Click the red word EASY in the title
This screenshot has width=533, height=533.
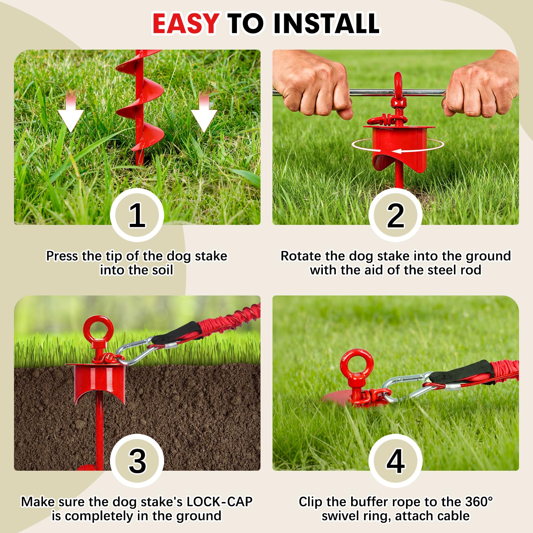click(186, 23)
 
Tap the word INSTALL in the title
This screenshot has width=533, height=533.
click(326, 23)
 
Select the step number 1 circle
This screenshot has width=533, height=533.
click(137, 215)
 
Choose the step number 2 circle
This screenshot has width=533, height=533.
click(395, 215)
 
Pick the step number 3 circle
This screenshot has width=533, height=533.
click(137, 461)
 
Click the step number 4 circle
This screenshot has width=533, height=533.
click(395, 461)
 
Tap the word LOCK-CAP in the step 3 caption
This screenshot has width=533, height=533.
click(220, 502)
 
